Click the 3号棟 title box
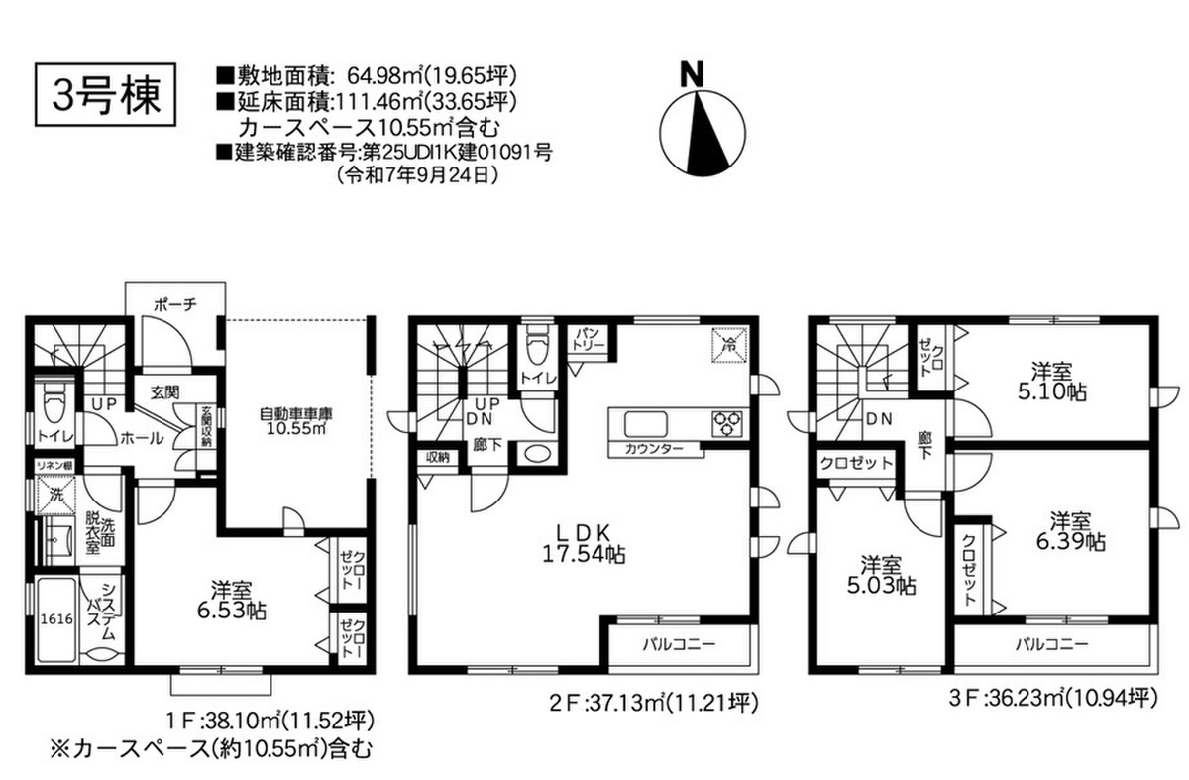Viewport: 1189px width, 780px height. point(105,95)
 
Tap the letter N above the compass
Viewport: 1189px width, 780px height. point(693,75)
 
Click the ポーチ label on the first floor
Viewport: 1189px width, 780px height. point(175,305)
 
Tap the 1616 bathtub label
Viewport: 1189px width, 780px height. point(57,619)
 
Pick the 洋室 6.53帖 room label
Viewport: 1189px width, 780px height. point(232,601)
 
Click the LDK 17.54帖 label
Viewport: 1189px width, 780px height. point(584,543)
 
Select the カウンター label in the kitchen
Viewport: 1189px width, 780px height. point(653,450)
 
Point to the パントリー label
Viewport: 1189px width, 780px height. point(592,339)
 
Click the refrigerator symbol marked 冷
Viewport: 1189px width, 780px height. point(730,345)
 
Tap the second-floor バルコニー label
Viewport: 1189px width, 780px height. point(679,644)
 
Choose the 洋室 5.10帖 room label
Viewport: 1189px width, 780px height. point(1051,382)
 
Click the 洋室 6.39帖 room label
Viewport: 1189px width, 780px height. point(1071,531)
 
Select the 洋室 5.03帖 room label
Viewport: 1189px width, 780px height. point(881,575)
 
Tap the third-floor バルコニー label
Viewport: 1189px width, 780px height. point(1051,644)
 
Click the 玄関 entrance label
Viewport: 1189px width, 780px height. point(164,392)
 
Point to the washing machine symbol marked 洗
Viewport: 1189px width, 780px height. point(55,495)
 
